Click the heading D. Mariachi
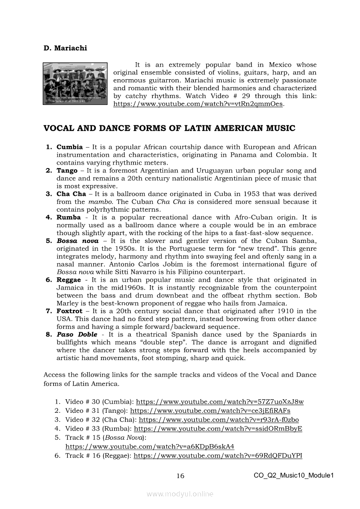pyautogui.click(x=65, y=48)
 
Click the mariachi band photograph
pyautogui.click(x=75, y=84)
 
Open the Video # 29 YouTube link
pyautogui.click(x=198, y=104)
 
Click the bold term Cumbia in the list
pyautogui.click(x=69, y=147)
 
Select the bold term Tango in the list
pyautogui.click(x=67, y=171)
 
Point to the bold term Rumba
pyautogui.click(x=68, y=217)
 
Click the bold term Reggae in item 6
pyautogui.click(x=69, y=280)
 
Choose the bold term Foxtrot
pyautogui.click(x=70, y=311)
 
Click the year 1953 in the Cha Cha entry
pyautogui.click(x=251, y=194)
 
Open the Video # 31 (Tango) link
pyautogui.click(x=210, y=411)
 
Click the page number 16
pyautogui.click(x=180, y=476)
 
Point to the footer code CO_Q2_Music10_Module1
pyautogui.click(x=294, y=475)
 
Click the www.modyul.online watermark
pyautogui.click(x=180, y=494)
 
